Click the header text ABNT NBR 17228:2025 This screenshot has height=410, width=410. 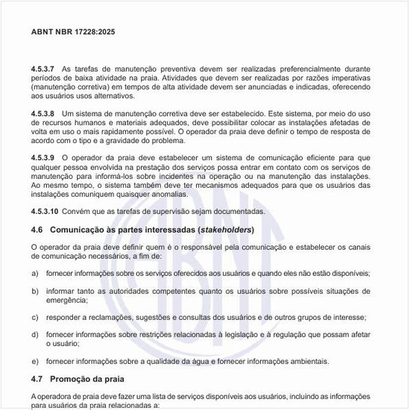tap(73, 32)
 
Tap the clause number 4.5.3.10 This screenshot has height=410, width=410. tap(46, 212)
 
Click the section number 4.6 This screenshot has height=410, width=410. tap(37, 229)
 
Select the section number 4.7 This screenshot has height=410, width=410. tap(37, 379)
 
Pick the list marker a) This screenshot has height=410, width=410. tap(35, 273)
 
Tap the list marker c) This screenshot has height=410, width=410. tap(35, 317)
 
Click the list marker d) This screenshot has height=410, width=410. tap(35, 335)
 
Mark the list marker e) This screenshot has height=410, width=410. tap(35, 362)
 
